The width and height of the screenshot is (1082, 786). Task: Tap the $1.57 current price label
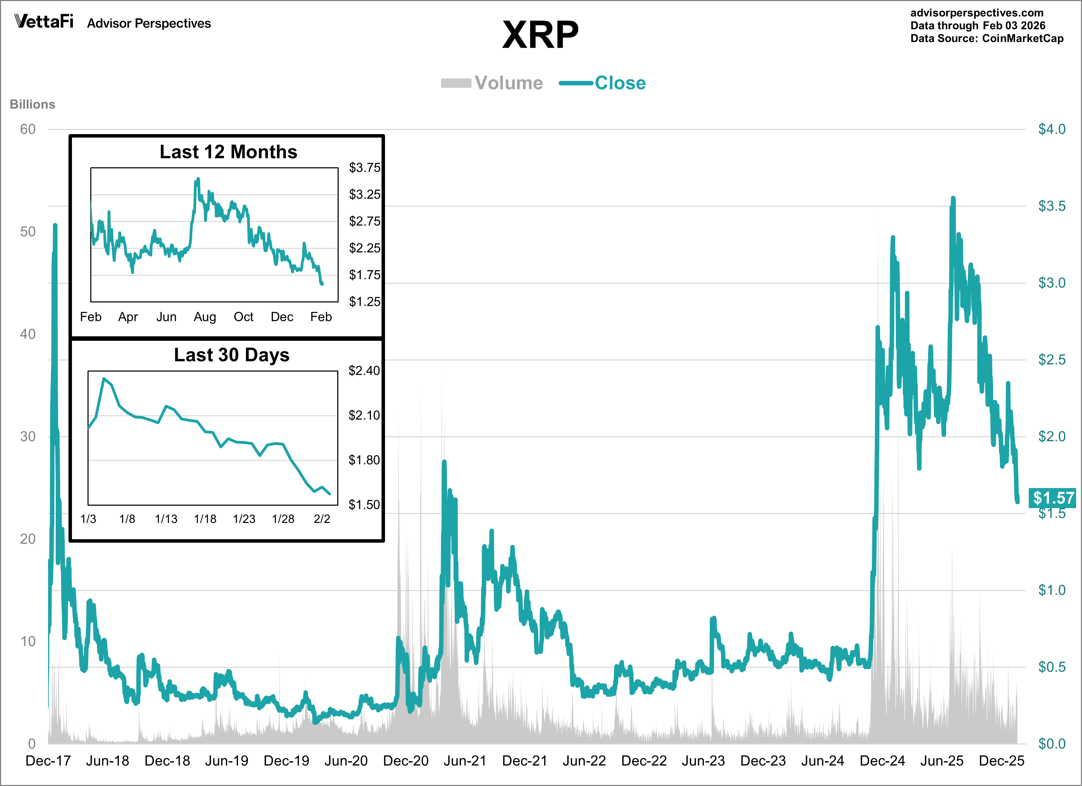pos(1053,498)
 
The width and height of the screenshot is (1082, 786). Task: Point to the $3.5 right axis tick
pos(1052,206)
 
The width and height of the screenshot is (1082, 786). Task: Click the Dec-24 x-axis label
pos(882,761)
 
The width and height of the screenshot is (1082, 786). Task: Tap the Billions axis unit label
pos(33,104)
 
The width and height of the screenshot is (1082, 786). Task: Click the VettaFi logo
pos(44,21)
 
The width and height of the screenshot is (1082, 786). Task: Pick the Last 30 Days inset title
pos(231,355)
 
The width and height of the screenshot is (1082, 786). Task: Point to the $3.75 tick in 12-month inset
pos(365,168)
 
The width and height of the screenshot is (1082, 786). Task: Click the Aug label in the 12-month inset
pos(205,317)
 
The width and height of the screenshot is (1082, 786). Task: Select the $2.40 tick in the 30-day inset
pos(364,371)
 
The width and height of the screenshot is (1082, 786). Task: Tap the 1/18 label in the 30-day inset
pos(205,519)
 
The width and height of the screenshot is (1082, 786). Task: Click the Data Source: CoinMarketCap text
pos(987,39)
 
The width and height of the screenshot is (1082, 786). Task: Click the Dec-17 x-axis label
pos(48,761)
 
